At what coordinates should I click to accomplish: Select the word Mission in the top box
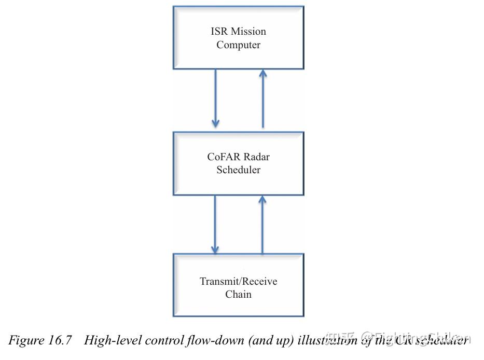(x=248, y=31)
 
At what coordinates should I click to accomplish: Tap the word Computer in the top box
(x=238, y=45)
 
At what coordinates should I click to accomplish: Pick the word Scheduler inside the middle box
(x=238, y=170)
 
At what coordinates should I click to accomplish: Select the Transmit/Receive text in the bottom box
(x=238, y=281)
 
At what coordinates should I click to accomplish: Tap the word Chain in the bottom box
(x=238, y=294)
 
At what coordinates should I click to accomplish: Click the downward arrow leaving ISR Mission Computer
(x=215, y=99)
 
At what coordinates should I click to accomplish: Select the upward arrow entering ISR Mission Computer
(x=262, y=99)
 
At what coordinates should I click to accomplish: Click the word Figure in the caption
(x=26, y=340)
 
